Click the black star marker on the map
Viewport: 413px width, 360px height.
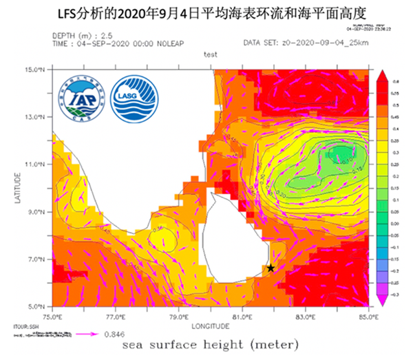(271, 268)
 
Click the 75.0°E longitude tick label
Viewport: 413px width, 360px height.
(52, 317)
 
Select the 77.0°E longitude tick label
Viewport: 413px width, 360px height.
(116, 317)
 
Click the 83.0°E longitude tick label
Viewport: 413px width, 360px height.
(306, 317)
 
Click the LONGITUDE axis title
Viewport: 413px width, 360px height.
(211, 325)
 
